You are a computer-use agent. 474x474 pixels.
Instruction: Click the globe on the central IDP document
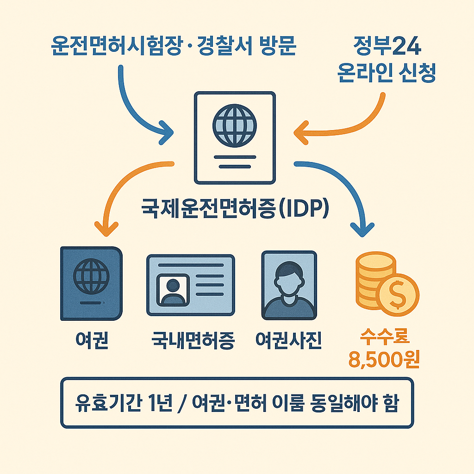coord(234,125)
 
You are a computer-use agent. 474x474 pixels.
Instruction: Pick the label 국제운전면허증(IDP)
coord(234,208)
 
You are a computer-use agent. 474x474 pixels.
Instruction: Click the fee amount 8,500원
coord(384,360)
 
